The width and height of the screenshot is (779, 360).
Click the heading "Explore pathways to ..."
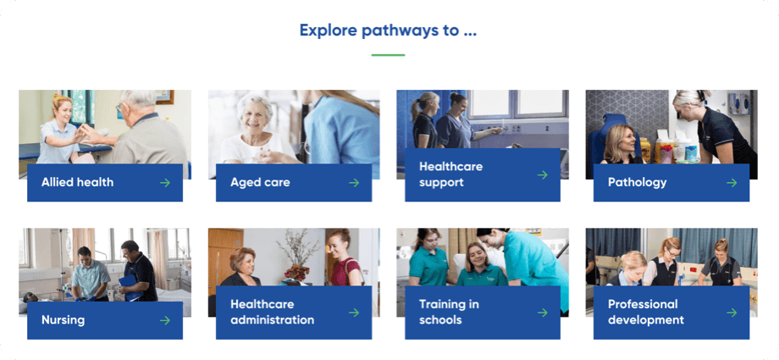click(388, 31)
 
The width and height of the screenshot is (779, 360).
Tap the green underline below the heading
click(388, 55)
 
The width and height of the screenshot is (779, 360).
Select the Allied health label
click(77, 182)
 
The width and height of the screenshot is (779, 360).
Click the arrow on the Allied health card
click(165, 182)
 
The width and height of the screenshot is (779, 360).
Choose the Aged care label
click(260, 182)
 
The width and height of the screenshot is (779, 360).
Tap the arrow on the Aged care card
click(354, 182)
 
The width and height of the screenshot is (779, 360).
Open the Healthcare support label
click(450, 174)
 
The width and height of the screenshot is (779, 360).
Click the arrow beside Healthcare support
click(543, 175)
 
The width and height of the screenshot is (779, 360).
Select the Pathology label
click(637, 182)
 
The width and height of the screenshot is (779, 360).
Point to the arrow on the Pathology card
click(732, 182)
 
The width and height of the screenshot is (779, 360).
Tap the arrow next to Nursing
click(165, 320)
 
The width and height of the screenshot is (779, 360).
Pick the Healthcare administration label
click(272, 312)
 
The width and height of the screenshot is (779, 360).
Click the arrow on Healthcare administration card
click(354, 313)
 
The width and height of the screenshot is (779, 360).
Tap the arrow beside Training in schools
click(543, 313)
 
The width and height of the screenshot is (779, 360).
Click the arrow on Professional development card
click(732, 313)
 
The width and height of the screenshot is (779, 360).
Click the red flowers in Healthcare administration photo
click(296, 271)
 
